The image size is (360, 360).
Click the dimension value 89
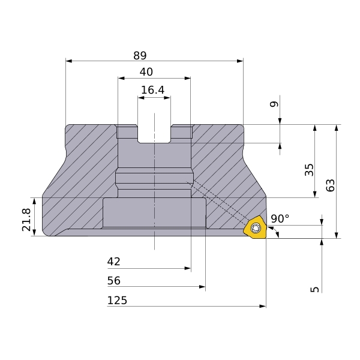pos(140,56)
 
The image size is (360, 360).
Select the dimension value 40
pos(146,72)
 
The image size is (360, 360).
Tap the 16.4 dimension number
pos(152,90)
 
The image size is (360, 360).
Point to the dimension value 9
pos(274,104)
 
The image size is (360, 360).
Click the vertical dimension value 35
pos(309,170)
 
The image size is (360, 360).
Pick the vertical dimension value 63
pos(331,185)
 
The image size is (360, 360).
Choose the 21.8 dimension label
pos(26,220)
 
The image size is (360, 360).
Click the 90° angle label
pos(280,218)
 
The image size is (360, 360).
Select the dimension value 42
pos(113,262)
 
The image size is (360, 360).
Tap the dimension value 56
pos(114,281)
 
